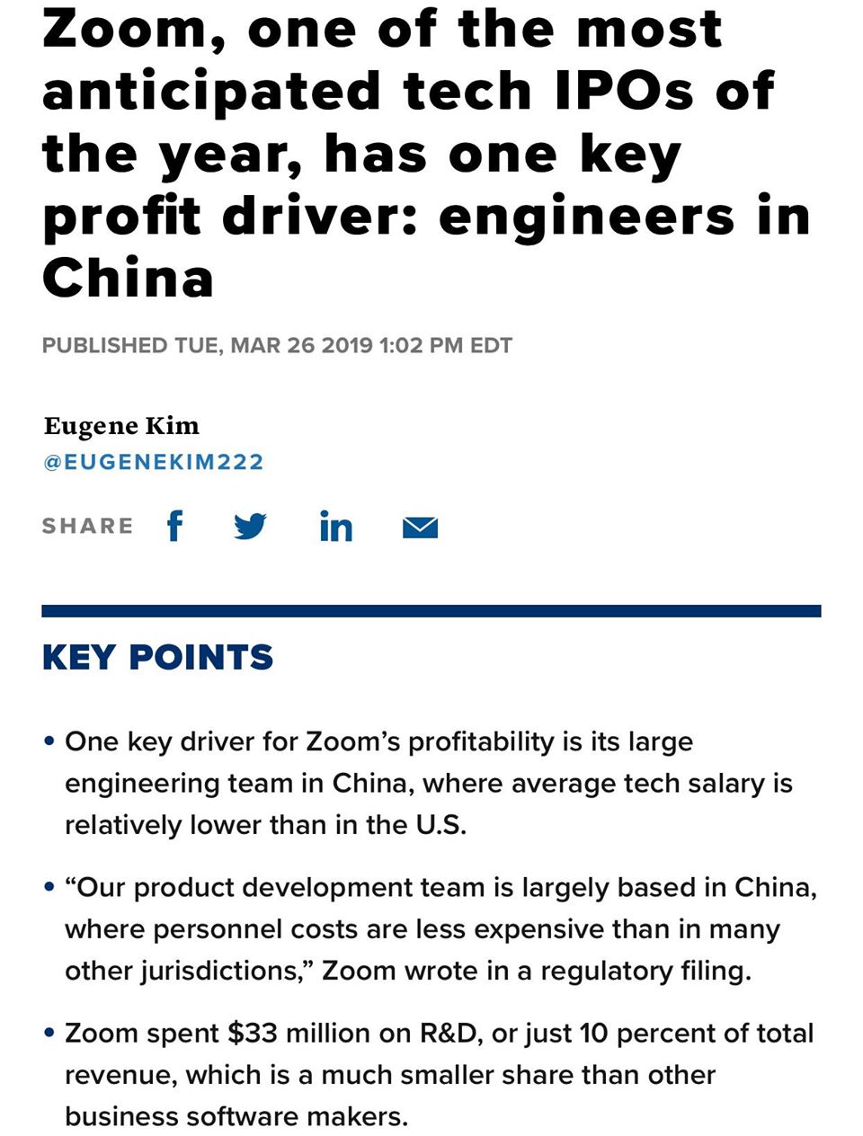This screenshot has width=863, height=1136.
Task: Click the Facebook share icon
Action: tap(174, 526)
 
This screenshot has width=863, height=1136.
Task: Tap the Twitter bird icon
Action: tap(250, 526)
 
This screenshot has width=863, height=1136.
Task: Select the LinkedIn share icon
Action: tap(335, 526)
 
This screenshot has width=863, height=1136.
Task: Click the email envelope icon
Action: tap(420, 528)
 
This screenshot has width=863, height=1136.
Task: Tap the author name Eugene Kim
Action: tap(121, 426)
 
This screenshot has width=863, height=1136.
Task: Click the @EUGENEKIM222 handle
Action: tap(153, 462)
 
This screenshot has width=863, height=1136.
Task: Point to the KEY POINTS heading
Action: tap(157, 658)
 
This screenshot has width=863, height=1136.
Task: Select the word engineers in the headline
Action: tap(587, 216)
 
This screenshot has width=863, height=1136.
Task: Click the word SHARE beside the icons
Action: tap(87, 526)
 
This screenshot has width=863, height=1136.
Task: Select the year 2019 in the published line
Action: tap(347, 346)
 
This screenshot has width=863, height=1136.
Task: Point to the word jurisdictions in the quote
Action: tap(221, 972)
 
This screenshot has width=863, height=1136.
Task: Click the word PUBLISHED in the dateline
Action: tap(104, 346)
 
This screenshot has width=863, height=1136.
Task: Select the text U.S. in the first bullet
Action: tap(440, 825)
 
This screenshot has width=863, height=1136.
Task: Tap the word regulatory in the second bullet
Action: tap(605, 972)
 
